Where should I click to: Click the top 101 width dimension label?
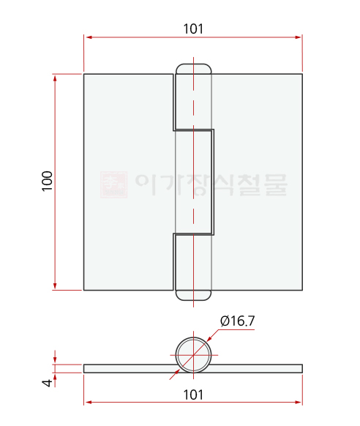point(193,29)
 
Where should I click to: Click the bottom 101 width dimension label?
point(193,395)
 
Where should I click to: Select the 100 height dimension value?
point(48,181)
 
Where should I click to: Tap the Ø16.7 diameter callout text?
point(237,321)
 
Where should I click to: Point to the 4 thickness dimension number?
point(48,383)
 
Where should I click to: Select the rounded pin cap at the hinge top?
point(193,69)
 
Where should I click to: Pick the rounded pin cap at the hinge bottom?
point(193,295)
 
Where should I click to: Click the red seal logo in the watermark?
point(113,184)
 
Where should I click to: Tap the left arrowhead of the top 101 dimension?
point(87,37)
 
